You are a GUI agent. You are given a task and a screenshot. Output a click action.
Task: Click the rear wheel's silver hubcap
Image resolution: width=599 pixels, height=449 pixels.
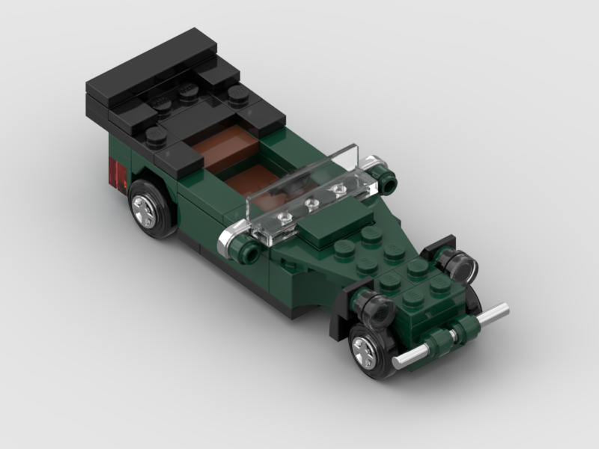tap(145, 210)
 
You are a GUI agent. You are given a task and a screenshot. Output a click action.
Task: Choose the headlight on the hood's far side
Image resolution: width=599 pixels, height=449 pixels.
tap(458, 264)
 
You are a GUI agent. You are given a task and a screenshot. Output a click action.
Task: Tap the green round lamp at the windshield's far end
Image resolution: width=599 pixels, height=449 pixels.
tap(387, 180)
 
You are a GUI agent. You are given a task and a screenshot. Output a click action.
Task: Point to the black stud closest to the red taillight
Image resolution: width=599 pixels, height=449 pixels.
tap(156, 135)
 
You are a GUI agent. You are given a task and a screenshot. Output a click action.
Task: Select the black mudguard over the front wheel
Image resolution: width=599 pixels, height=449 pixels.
tap(341, 311)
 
